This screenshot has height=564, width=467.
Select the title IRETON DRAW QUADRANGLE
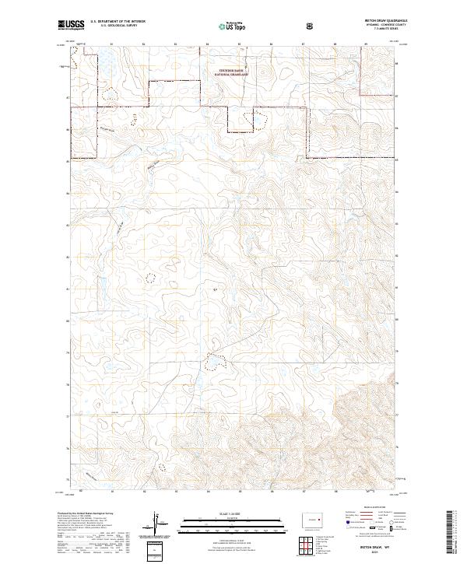pos(377,23)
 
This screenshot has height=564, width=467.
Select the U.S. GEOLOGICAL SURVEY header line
pos(117,28)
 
